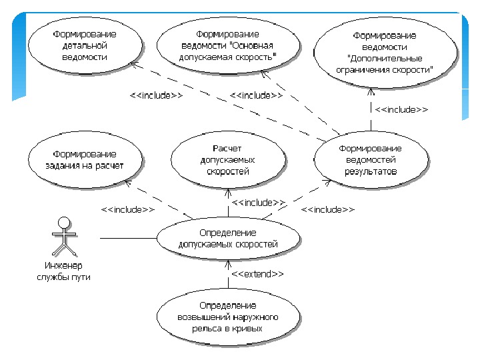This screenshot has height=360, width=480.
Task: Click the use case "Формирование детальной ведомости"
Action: (x=85, y=46)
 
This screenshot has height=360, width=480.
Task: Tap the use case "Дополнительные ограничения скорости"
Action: (x=385, y=53)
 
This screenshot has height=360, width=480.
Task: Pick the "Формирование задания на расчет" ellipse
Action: (x=85, y=161)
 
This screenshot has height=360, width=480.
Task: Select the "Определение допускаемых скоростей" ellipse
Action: (x=227, y=238)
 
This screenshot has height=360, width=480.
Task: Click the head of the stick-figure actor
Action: (x=64, y=222)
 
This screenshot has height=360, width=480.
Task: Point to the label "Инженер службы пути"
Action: (x=63, y=271)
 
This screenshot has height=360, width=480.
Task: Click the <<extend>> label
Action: (x=257, y=274)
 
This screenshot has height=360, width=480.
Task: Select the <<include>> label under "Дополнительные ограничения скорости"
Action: (x=401, y=109)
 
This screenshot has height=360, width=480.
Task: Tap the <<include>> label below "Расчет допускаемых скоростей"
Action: (x=258, y=202)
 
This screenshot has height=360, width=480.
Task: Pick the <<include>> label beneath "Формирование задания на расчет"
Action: (x=128, y=209)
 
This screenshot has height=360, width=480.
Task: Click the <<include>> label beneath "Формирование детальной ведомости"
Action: (x=156, y=95)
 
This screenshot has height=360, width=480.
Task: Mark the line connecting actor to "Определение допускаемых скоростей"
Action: (x=127, y=238)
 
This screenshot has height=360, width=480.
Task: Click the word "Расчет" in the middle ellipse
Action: (x=227, y=148)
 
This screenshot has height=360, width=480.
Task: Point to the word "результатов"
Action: (x=370, y=171)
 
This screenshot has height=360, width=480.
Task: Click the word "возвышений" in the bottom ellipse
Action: (x=204, y=317)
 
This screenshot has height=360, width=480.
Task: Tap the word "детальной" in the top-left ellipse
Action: (x=85, y=46)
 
